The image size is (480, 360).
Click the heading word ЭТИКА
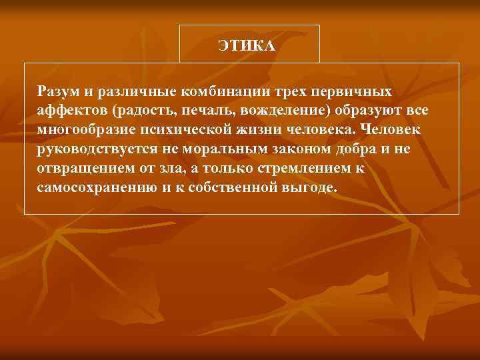coord(247,45)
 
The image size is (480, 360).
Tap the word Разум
coord(57,90)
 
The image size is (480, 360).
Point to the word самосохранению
coord(97,187)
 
